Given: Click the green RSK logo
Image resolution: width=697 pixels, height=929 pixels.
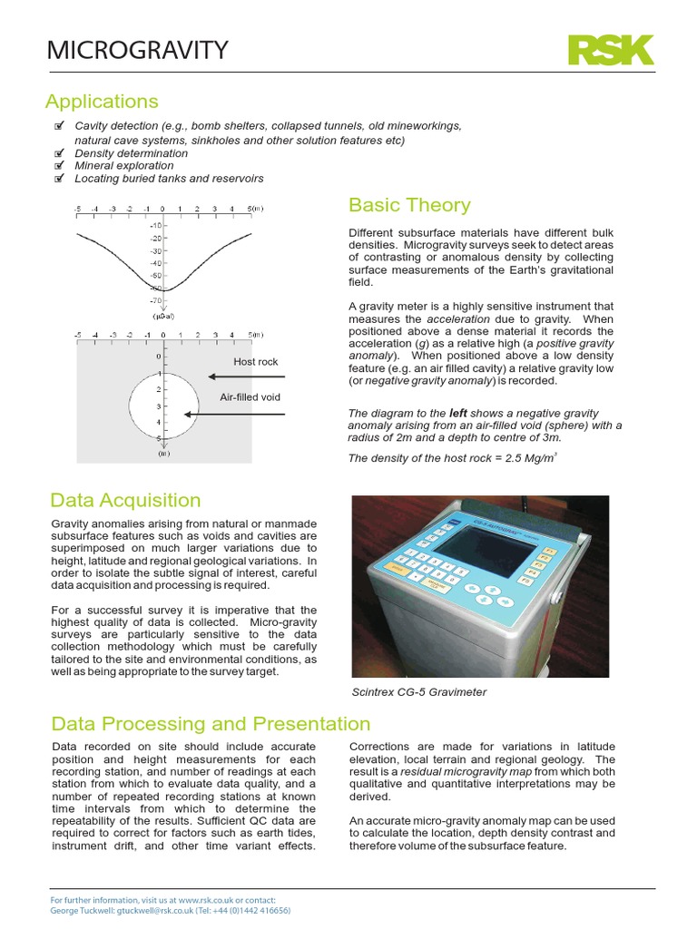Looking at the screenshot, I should coord(610,49).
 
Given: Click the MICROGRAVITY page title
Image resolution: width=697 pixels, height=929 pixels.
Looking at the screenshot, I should coord(138,50).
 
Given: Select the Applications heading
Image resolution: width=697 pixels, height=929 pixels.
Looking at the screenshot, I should coord(103,101).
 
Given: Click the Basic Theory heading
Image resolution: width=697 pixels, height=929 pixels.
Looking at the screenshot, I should coord(409,204).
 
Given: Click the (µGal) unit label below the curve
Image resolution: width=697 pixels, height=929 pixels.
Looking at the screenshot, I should coord(162,316).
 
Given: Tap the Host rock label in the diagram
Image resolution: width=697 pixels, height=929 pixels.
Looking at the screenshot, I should coord(255,362).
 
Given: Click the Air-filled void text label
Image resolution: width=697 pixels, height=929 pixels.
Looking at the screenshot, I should coord(251,397).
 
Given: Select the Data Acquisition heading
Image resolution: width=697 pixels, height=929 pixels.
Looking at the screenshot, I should coord(126,500).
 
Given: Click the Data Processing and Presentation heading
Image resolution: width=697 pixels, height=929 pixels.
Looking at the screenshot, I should coord(211,723).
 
